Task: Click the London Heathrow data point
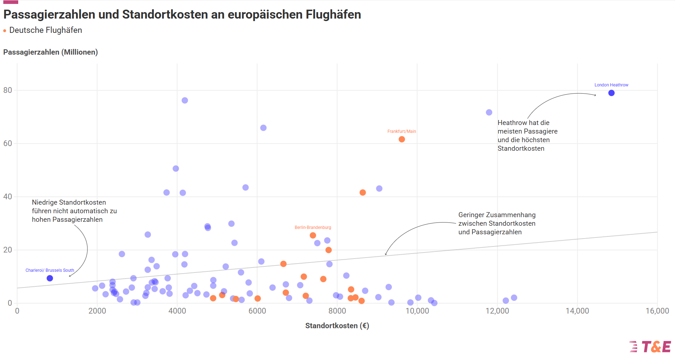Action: [611, 93]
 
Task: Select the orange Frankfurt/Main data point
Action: [401, 139]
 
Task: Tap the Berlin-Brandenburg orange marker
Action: [313, 235]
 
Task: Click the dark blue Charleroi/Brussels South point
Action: [50, 278]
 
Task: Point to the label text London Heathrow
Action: [611, 85]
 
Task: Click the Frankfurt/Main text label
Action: [401, 131]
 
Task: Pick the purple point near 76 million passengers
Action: [185, 100]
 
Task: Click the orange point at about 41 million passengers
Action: [362, 192]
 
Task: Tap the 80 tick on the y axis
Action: [7, 90]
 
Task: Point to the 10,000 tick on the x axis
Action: [417, 311]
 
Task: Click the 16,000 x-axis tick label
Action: [657, 311]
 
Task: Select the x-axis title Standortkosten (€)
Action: [337, 326]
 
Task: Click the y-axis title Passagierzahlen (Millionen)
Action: [50, 52]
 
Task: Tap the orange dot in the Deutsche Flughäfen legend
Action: [5, 31]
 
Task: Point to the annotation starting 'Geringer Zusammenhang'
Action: [496, 223]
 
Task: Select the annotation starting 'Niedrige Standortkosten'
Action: [74, 211]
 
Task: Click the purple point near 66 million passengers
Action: [263, 128]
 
